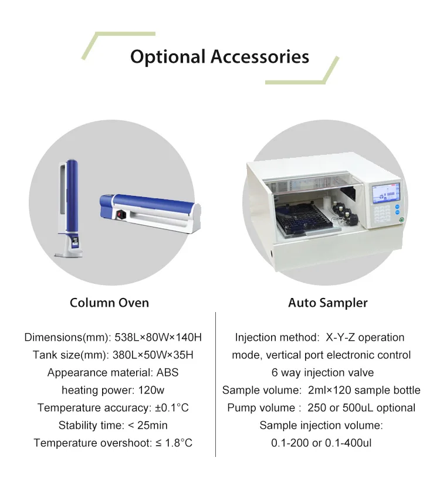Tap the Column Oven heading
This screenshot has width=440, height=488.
click(109, 303)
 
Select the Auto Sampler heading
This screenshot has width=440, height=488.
click(328, 303)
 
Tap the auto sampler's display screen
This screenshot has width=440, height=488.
click(386, 194)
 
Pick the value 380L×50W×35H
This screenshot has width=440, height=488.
click(153, 355)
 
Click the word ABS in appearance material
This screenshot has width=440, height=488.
click(167, 372)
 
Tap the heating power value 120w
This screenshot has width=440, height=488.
click(152, 390)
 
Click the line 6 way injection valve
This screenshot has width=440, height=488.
click(322, 372)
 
